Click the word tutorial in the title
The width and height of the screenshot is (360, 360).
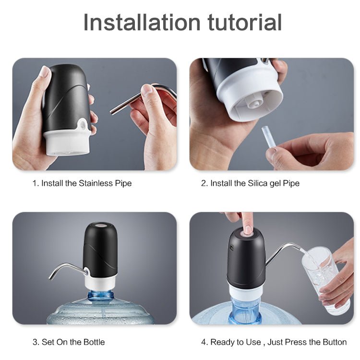pyautogui.click(x=244, y=22)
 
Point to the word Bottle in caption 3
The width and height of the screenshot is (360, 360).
pyautogui.click(x=94, y=342)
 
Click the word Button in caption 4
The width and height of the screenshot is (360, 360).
pyautogui.click(x=335, y=342)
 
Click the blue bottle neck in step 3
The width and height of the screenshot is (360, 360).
pyautogui.click(x=101, y=296)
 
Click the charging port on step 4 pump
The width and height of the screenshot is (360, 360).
pyautogui.click(x=230, y=248)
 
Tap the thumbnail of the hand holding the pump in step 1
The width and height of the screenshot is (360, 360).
pyautogui.click(x=45, y=72)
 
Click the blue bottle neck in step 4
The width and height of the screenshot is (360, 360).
pyautogui.click(x=245, y=308)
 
